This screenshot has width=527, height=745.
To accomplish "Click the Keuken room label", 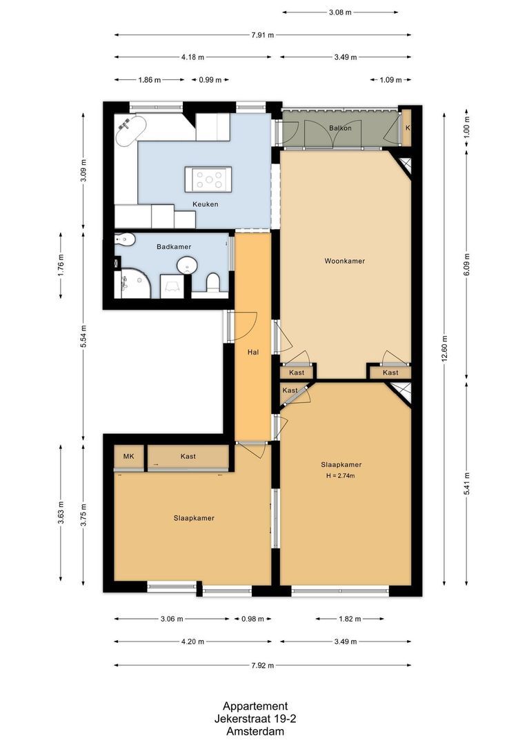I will pos(206,204).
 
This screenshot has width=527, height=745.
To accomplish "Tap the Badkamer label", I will pos(173,246).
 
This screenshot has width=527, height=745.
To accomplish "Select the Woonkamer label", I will pos(344,261).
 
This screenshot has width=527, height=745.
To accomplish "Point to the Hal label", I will pos(252,352).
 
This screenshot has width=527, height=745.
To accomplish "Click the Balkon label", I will pos(340,128).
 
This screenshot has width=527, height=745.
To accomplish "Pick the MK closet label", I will pos(128,457).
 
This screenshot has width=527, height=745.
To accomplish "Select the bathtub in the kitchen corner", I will pos(130,131).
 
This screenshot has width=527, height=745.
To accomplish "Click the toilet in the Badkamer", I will pos(212,282).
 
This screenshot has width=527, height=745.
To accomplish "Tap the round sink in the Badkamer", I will pos(186,266).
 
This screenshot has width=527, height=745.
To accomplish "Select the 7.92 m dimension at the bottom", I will pos(262,666).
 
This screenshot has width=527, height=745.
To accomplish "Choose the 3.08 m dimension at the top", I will pos(339,12).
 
